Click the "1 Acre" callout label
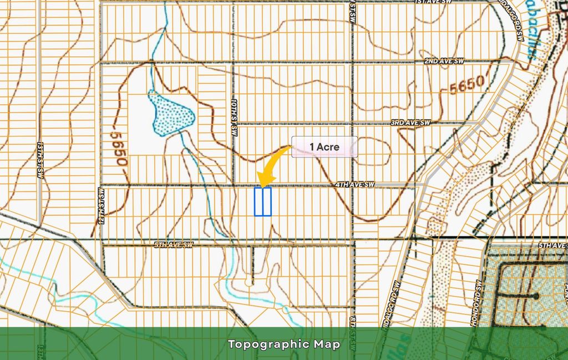pos(324,148)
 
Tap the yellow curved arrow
pos(271,166)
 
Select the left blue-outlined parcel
pos(258,201)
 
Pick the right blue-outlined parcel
pos(266,201)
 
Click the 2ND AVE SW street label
pos(444,60)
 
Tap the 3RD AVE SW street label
pos(410,122)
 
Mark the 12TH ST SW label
pos(102,204)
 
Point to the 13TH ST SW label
pos(40,159)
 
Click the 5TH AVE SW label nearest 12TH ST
pos(173,245)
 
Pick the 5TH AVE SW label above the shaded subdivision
pos(552,245)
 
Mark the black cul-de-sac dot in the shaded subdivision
pos(536,297)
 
